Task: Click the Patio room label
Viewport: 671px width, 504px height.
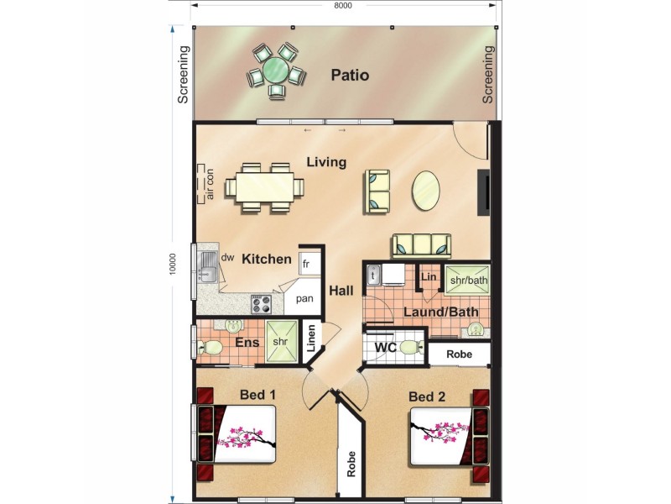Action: pos(350,76)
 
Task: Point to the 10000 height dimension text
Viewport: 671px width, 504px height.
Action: pos(173,264)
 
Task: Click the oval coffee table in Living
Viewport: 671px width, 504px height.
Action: pos(426,192)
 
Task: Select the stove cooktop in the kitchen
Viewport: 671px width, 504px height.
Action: pos(261,303)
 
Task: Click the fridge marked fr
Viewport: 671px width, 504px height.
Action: pos(308,263)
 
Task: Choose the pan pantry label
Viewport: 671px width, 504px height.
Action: pos(305,298)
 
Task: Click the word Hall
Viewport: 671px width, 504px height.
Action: pos(341,291)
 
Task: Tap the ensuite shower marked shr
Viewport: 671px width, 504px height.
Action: pos(280,343)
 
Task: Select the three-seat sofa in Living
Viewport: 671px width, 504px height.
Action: pos(422,244)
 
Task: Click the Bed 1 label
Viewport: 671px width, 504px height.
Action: pos(258,395)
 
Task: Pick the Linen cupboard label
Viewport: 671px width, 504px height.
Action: pos(311,339)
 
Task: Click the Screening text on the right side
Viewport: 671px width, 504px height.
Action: pos(488,76)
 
